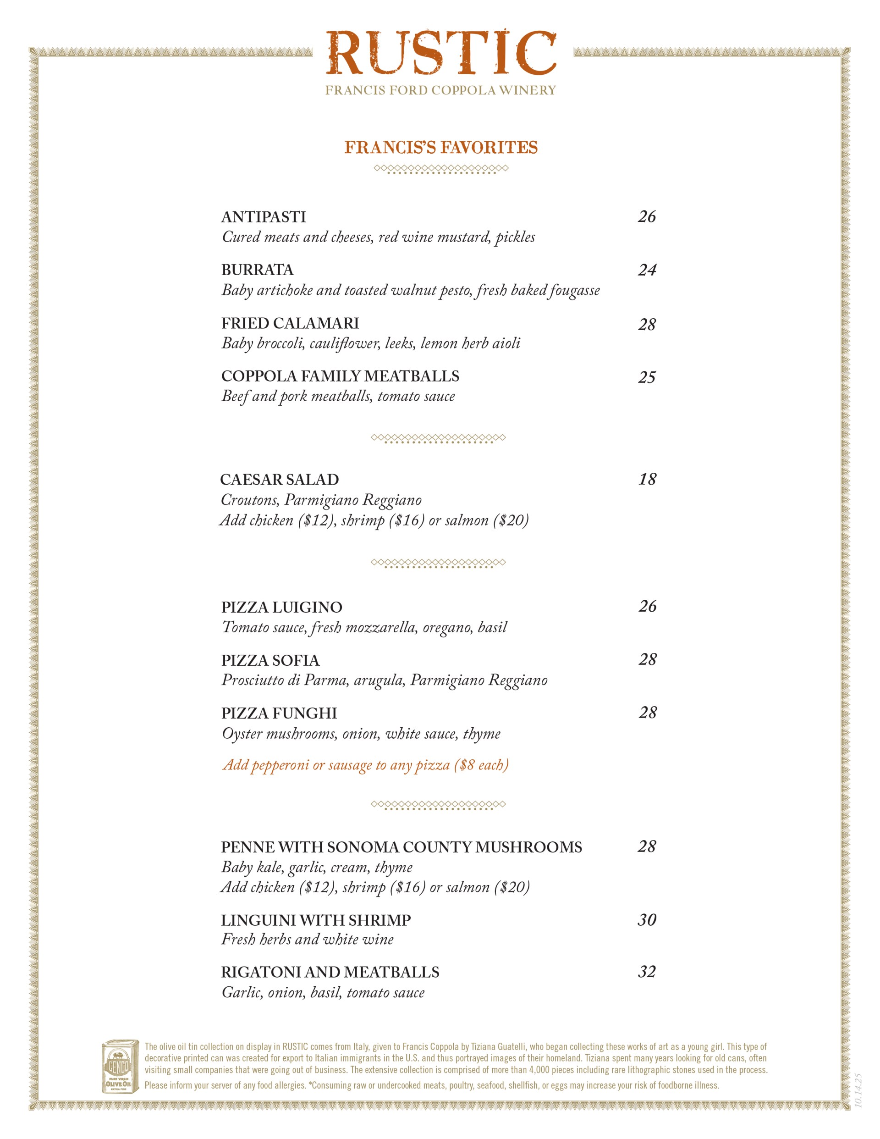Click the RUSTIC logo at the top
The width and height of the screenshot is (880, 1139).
(x=441, y=53)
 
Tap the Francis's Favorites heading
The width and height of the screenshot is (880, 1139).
(x=441, y=148)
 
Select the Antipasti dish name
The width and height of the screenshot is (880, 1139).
(x=263, y=217)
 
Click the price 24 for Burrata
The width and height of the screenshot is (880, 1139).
(x=647, y=270)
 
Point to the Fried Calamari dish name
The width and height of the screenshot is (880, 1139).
(x=290, y=323)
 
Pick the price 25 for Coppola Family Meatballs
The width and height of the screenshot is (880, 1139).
(x=647, y=377)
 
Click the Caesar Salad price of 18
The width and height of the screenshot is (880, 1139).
(x=648, y=479)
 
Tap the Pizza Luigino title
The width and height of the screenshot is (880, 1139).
(x=281, y=608)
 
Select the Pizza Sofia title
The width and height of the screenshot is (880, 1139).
(x=270, y=661)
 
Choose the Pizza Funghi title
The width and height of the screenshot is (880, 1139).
(x=279, y=713)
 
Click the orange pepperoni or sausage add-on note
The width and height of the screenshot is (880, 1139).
(x=365, y=765)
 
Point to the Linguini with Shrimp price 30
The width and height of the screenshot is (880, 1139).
(x=647, y=919)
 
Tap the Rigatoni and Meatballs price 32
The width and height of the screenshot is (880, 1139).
(x=647, y=972)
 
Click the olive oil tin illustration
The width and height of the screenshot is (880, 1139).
(x=120, y=1067)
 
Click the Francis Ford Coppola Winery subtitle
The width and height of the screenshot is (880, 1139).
(x=440, y=91)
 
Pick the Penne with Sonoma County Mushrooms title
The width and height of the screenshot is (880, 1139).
(x=401, y=847)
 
